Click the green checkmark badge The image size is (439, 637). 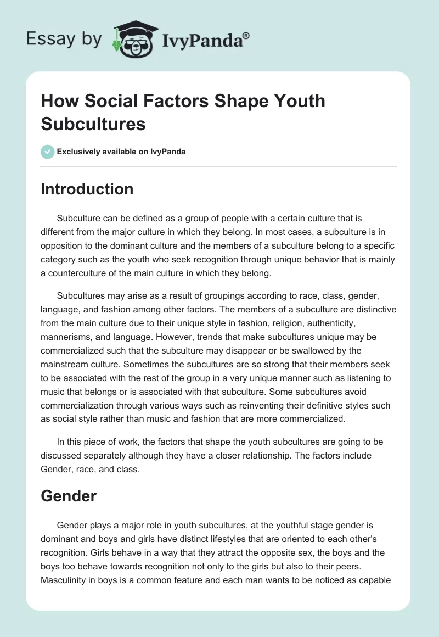coord(48,152)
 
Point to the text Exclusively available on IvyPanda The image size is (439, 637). coord(121,152)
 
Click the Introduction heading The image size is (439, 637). coord(87,189)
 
